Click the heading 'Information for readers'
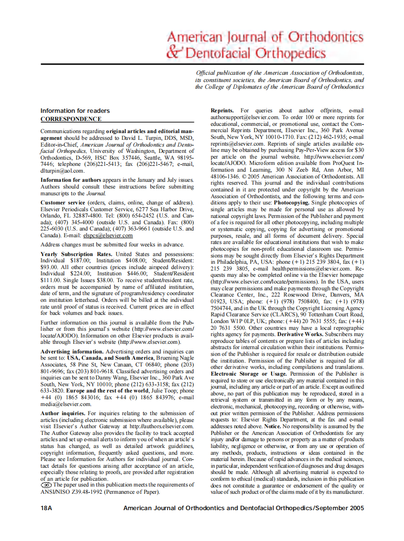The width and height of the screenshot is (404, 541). [x=75, y=111]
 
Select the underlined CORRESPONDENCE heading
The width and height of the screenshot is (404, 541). [x=71, y=119]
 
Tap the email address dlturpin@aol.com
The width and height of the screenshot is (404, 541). [x=63, y=171]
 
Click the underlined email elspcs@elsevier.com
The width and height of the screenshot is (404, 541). [x=108, y=235]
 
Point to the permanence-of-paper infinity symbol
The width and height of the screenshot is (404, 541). [x=46, y=485]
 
